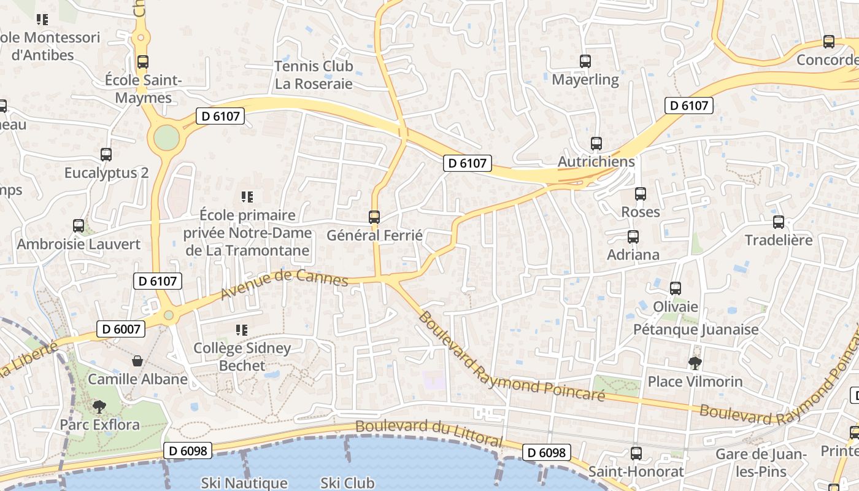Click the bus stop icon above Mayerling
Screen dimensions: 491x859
tap(585, 61)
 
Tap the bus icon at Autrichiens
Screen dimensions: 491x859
tap(596, 144)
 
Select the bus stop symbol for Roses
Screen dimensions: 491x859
tap(641, 194)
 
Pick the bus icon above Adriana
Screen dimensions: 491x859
tap(633, 236)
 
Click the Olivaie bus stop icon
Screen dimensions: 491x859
tap(676, 288)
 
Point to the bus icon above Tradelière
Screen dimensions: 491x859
tap(778, 222)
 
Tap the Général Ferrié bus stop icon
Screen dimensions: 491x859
tap(374, 217)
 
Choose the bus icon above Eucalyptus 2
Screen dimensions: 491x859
tap(106, 154)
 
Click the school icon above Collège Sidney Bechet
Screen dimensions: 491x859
tap(242, 330)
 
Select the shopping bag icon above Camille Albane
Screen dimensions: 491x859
tap(137, 361)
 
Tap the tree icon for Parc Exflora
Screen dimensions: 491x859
tap(99, 406)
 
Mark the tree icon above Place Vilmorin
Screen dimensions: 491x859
tap(695, 363)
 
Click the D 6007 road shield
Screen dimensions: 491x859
tap(121, 329)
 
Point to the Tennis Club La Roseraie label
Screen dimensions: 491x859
tap(314, 75)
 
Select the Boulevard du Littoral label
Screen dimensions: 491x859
tap(429, 433)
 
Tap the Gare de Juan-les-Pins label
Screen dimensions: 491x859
tap(760, 463)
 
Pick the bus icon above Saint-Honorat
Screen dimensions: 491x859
tap(636, 454)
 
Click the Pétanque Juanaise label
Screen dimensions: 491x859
tap(696, 330)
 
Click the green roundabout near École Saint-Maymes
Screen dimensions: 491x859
tap(166, 138)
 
